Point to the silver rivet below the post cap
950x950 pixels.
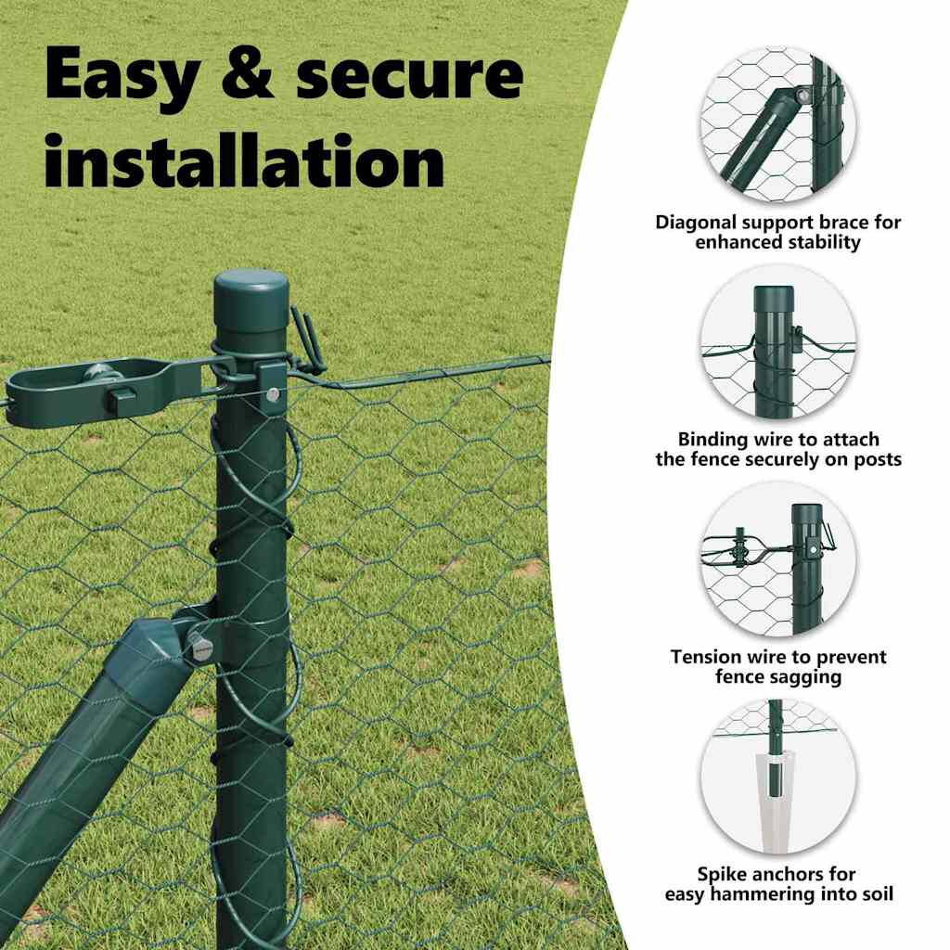[x=273, y=395]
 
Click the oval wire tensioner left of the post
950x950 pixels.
[x=102, y=392]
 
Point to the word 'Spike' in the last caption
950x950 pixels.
[x=723, y=874]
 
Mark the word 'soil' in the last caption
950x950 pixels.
[x=878, y=893]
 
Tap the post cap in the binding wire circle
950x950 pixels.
[x=774, y=298]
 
